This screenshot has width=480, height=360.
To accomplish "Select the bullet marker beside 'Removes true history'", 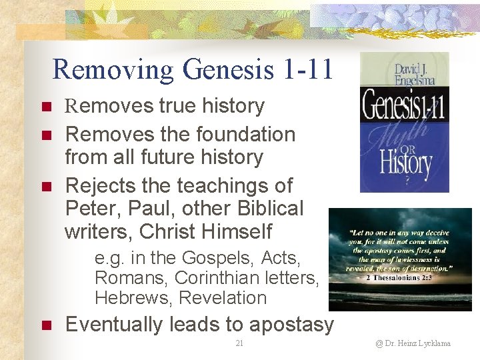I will [46, 107].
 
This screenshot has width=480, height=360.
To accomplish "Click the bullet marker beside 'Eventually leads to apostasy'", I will [46, 325].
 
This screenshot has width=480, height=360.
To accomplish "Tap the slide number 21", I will [239, 343].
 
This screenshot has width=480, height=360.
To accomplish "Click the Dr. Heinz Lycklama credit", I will [413, 343].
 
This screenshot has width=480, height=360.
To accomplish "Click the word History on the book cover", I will [405, 162].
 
